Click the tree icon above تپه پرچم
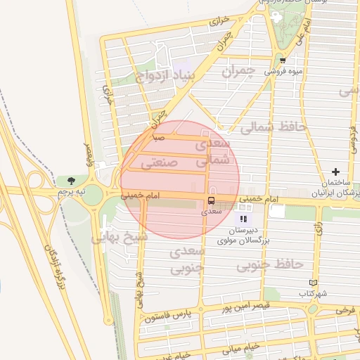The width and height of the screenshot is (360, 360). click(72, 181)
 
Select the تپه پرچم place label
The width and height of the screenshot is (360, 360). click(71, 191)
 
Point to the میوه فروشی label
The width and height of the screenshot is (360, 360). click(283, 71)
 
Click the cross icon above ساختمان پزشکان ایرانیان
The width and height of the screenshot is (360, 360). click(335, 172)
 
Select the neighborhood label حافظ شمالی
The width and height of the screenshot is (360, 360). click(274, 127)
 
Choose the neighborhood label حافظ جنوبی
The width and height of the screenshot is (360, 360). click(269, 264)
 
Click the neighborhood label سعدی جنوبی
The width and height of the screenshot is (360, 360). click(187, 259)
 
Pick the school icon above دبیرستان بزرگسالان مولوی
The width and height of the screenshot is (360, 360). click(243, 219)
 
